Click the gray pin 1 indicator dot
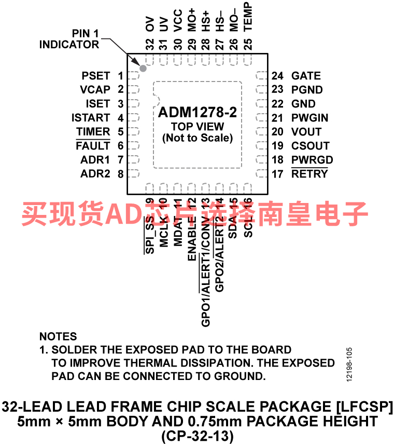tap(143, 68)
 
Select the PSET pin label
tap(95, 76)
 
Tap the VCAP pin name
tap(95, 90)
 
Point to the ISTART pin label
tap(91, 118)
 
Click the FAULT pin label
tap(93, 146)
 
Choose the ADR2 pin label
tap(95, 174)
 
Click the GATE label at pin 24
tap(306, 76)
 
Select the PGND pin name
tap(307, 90)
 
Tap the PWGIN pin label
tap(309, 118)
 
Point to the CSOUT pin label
tap(310, 146)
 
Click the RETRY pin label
tap(309, 174)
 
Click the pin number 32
tap(150, 44)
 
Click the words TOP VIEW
tap(198, 127)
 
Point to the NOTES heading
tap(58, 336)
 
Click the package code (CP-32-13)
tap(197, 436)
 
